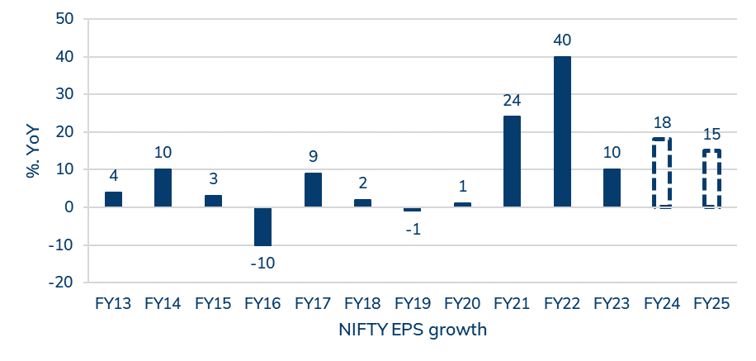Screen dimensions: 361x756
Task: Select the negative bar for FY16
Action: pyautogui.click(x=262, y=226)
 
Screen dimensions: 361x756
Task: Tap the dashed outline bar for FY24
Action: pyautogui.click(x=661, y=173)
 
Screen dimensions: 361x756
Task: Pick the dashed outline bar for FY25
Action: pyautogui.click(x=711, y=178)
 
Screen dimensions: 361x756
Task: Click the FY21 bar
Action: pyautogui.click(x=512, y=161)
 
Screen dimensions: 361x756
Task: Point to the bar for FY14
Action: pyautogui.click(x=163, y=188)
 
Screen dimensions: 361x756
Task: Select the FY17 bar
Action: pyautogui.click(x=313, y=189)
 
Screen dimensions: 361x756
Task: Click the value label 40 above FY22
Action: pyautogui.click(x=562, y=40)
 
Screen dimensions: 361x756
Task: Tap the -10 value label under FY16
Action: pyautogui.click(x=262, y=263)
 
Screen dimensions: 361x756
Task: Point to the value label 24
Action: pyautogui.click(x=512, y=101)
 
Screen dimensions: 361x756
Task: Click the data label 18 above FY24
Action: pyautogui.click(x=661, y=123)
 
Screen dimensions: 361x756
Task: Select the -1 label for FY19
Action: pyautogui.click(x=413, y=229)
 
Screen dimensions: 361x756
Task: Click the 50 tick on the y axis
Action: pyautogui.click(x=64, y=19)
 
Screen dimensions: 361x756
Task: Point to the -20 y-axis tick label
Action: pyautogui.click(x=60, y=282)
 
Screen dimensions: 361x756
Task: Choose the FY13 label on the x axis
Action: pyautogui.click(x=113, y=303)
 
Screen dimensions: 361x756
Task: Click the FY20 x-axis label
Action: pyautogui.click(x=462, y=303)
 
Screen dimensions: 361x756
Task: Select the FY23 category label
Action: pyautogui.click(x=612, y=303)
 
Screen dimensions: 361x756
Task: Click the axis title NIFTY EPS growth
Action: pyautogui.click(x=413, y=330)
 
